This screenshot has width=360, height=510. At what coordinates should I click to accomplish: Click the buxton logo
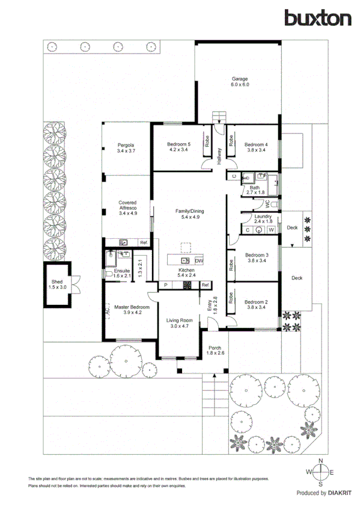pyautogui.click(x=319, y=18)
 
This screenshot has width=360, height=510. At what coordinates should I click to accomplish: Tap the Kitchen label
pyautogui.click(x=186, y=272)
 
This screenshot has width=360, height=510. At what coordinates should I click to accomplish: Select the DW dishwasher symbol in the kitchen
pyautogui.click(x=199, y=261)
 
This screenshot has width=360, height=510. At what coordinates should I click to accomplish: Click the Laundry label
pyautogui.click(x=263, y=217)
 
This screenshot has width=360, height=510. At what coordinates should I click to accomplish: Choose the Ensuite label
pyautogui.click(x=122, y=271)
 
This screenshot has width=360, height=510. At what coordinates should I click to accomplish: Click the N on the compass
pyautogui.click(x=321, y=461)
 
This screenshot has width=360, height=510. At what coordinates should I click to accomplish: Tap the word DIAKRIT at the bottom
pyautogui.click(x=340, y=493)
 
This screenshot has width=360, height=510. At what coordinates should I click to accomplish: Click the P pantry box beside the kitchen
pyautogui.click(x=165, y=285)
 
